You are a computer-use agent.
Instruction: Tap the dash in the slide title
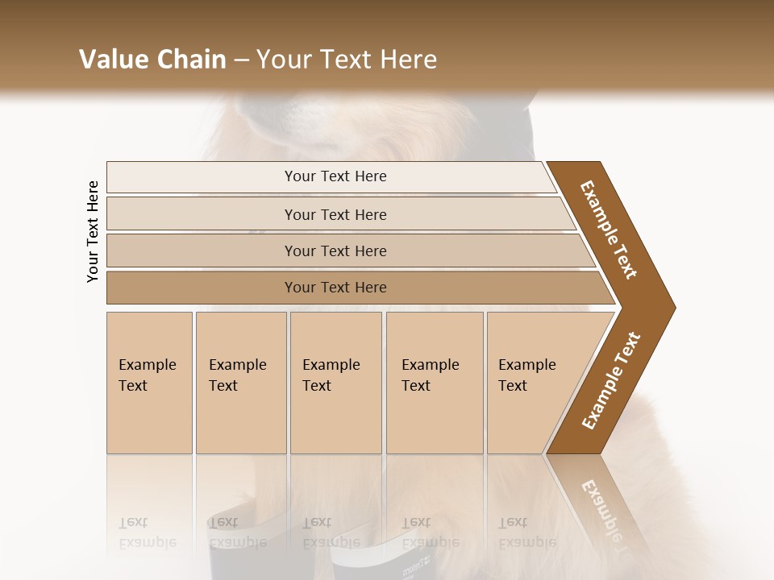pyautogui.click(x=241, y=60)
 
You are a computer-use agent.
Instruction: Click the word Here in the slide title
pyautogui.click(x=405, y=60)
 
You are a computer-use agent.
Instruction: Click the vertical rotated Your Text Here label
pyautogui.click(x=93, y=231)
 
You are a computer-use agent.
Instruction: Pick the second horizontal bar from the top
pyautogui.click(x=335, y=214)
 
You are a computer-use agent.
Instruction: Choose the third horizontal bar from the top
pyautogui.click(x=335, y=251)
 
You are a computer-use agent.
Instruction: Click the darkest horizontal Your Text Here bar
pyautogui.click(x=335, y=288)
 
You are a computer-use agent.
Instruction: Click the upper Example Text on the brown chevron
pyautogui.click(x=610, y=230)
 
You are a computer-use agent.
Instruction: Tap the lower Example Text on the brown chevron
pyautogui.click(x=611, y=381)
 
